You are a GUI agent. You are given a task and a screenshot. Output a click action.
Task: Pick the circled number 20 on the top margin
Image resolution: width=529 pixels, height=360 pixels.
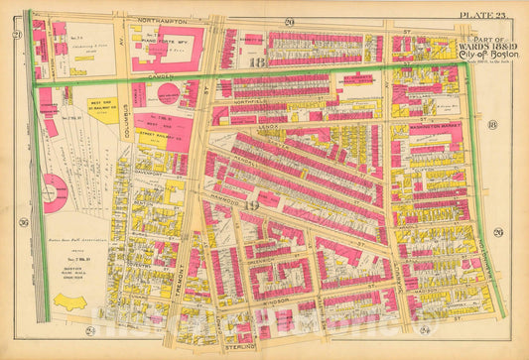coord(289,20)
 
